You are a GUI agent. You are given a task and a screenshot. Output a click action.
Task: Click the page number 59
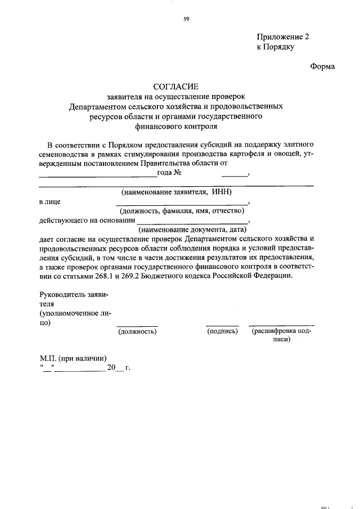pyautogui.click(x=186, y=19)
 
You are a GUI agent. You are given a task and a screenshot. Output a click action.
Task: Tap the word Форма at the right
pyautogui.click(x=322, y=66)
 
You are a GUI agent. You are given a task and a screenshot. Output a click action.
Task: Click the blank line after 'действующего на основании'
pyautogui.click(x=191, y=223)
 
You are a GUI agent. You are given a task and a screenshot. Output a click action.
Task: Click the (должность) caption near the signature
pyautogui.click(x=137, y=332)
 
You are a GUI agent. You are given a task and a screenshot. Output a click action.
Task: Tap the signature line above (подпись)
pyautogui.click(x=222, y=325)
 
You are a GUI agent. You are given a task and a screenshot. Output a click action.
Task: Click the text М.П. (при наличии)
pyautogui.click(x=73, y=358)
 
